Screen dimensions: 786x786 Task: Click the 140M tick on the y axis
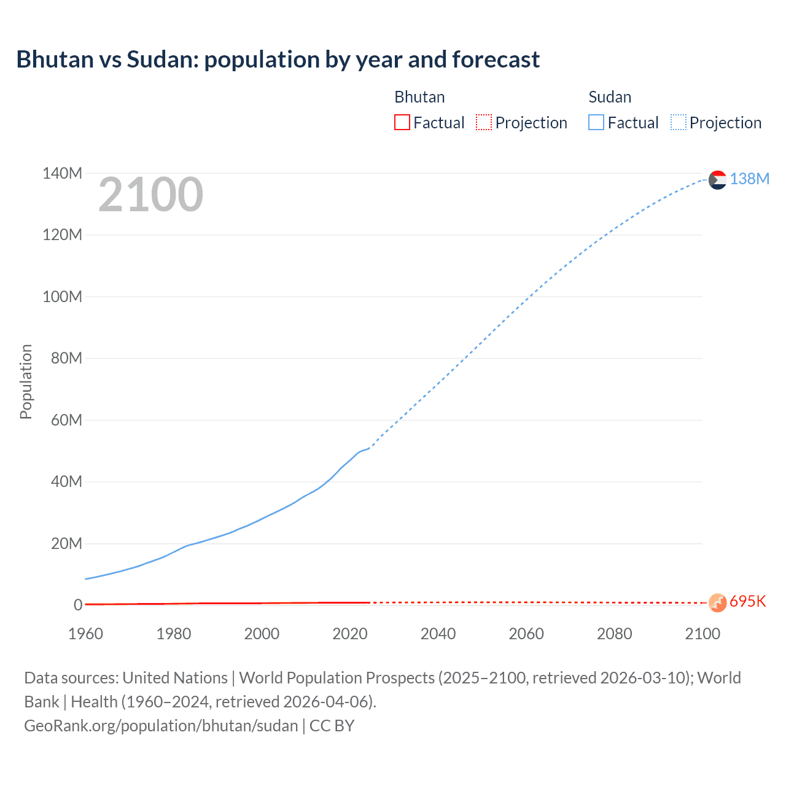[62, 174]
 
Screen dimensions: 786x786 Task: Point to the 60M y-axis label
[66, 421]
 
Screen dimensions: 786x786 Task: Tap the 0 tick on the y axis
[78, 605]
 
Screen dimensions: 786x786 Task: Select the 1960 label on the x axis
[85, 634]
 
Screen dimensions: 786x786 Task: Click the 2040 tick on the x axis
[438, 634]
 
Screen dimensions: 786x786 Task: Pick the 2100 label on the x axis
[702, 634]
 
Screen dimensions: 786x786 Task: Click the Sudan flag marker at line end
[717, 180]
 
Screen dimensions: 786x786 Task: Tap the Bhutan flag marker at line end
[717, 602]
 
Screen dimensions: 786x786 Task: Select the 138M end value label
[750, 179]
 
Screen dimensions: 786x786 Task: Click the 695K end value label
[748, 601]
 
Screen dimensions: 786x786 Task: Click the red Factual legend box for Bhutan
[402, 122]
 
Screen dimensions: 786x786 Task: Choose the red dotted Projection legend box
[484, 122]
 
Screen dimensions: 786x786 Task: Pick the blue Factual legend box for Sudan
[596, 122]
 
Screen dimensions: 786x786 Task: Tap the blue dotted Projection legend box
[678, 122]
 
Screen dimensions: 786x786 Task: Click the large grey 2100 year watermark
[150, 195]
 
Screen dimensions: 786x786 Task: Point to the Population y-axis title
[26, 381]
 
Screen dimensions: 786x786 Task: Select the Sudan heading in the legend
[610, 97]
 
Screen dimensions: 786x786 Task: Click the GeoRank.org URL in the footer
[161, 726]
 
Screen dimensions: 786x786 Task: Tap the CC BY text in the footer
[332, 726]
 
